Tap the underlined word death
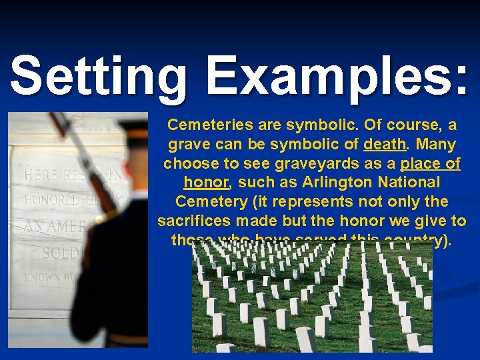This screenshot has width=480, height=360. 385,144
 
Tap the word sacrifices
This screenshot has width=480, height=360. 195,221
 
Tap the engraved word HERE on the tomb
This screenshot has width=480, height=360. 42,176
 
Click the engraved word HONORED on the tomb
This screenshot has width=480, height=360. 53,200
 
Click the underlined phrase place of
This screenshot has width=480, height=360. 430,163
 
